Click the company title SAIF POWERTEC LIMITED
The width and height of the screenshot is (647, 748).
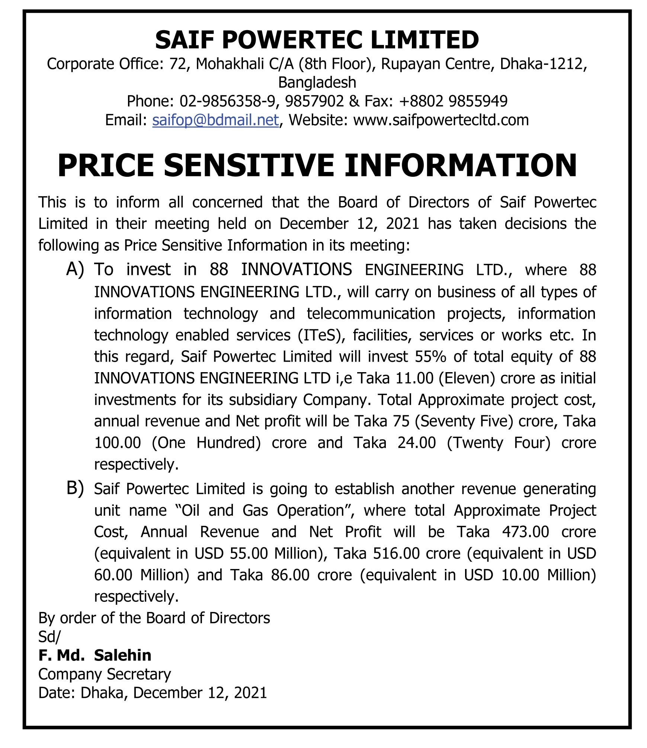317,40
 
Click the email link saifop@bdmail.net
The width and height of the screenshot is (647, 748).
215,120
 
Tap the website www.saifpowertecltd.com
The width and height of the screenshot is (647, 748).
441,120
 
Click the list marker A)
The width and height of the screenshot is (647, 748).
75,269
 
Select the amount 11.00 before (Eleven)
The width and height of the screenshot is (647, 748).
414,378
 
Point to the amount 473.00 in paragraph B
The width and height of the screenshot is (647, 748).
525,532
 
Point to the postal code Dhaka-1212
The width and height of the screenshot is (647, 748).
543,64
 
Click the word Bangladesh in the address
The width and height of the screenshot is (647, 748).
317,82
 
